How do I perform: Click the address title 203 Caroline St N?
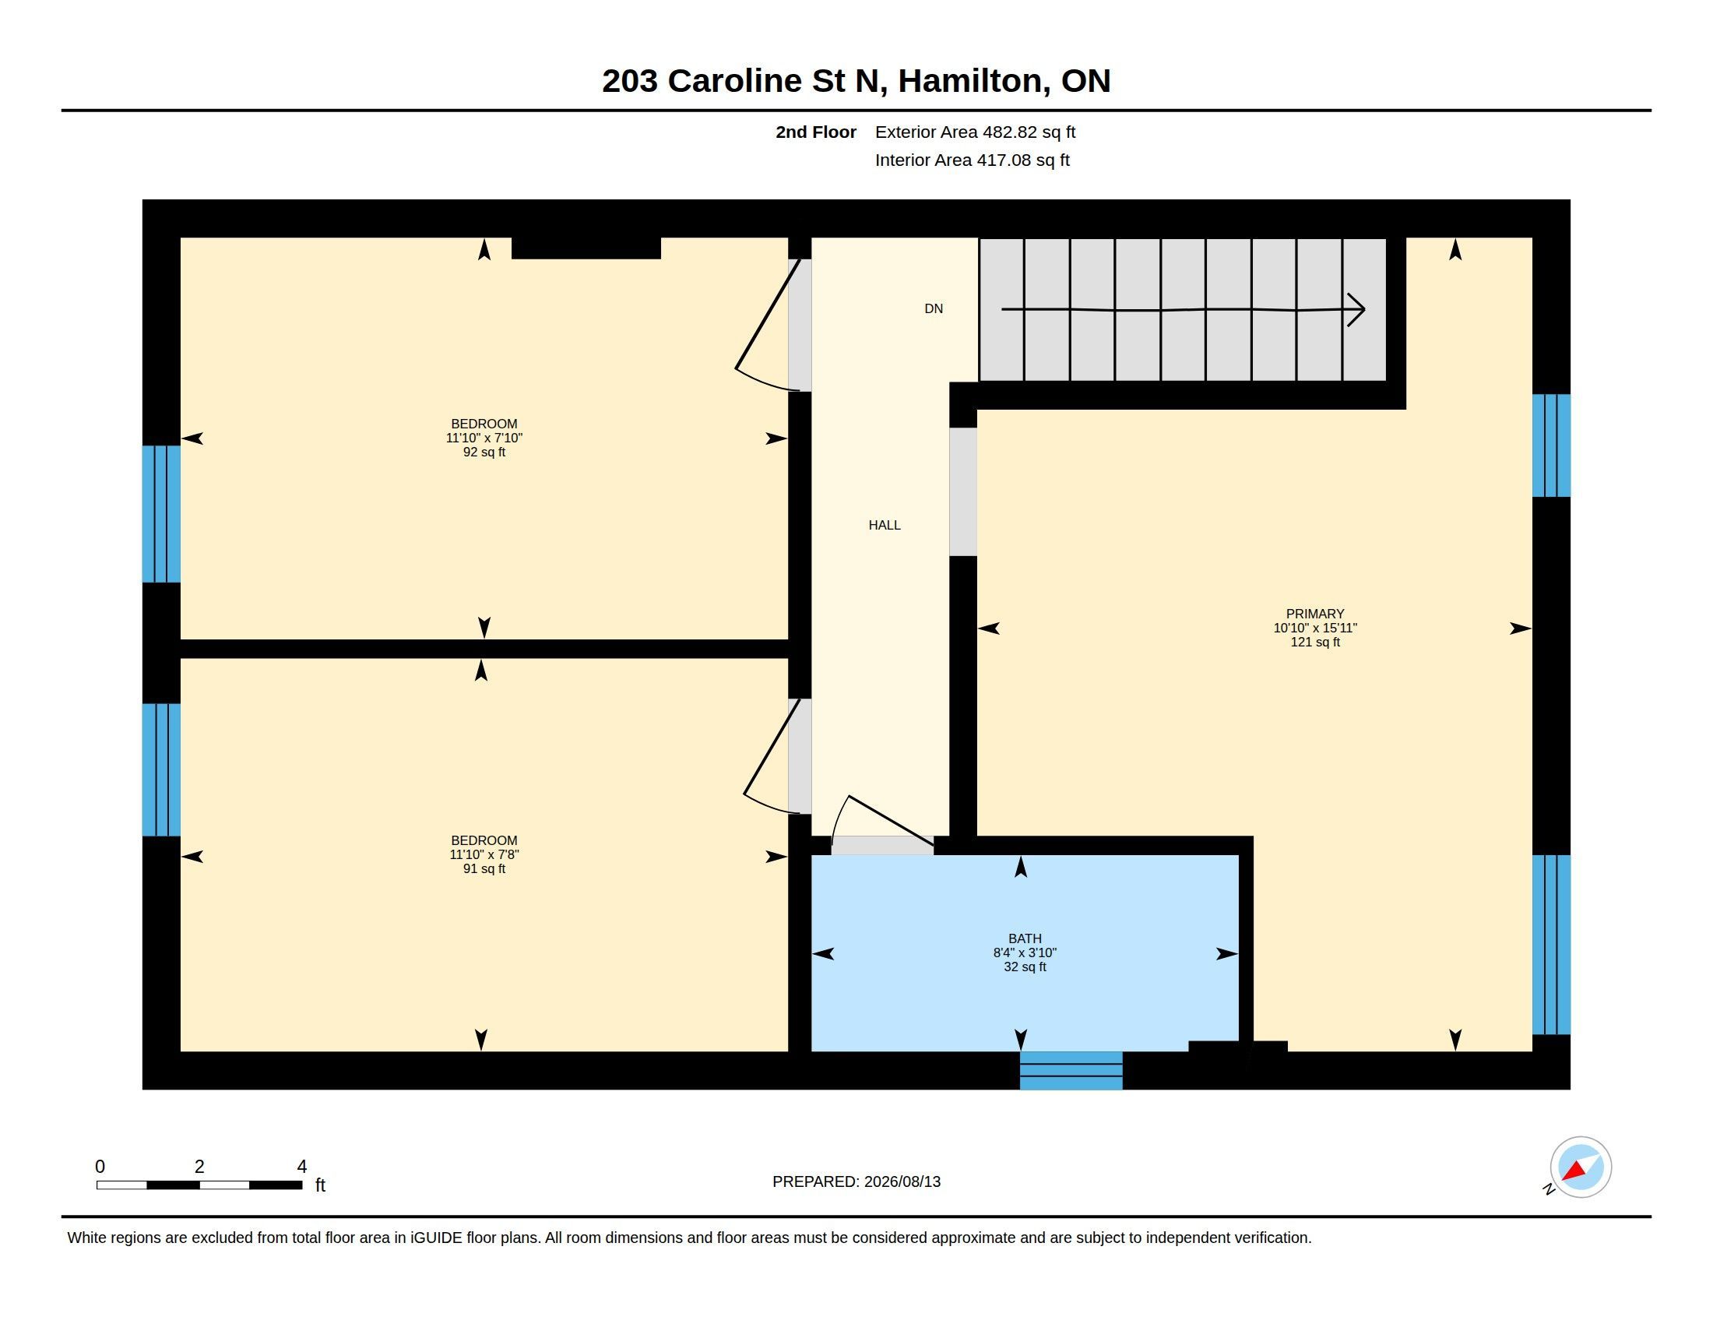pos(744,82)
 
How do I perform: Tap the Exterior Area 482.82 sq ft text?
pos(975,132)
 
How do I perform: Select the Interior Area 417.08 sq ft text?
pos(972,160)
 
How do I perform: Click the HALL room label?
pos(884,525)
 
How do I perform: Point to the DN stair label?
pos(934,308)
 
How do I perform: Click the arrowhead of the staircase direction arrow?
pos(1357,309)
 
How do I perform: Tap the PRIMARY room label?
pos(1314,614)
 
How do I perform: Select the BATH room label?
pos(1025,938)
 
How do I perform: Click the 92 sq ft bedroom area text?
pos(484,452)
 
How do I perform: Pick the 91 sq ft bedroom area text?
pos(484,868)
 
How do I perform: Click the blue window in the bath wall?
pos(1071,1070)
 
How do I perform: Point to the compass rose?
pos(1580,1167)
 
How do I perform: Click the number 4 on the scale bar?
pos(302,1167)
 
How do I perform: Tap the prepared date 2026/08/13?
pos(902,1181)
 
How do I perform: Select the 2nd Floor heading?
pos(816,132)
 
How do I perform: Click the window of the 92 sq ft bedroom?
pos(161,514)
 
